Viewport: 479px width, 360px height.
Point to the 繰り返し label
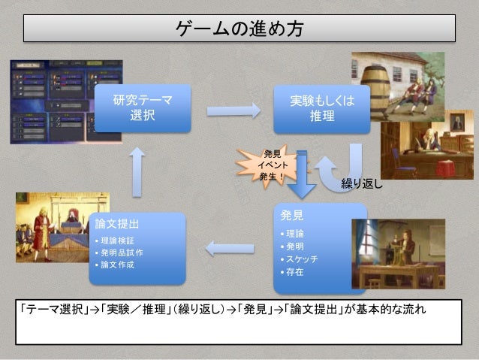point(361,183)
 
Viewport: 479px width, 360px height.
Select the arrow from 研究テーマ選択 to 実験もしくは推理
point(233,110)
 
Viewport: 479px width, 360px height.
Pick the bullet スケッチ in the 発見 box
point(301,259)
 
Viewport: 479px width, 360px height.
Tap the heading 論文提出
point(115,223)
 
